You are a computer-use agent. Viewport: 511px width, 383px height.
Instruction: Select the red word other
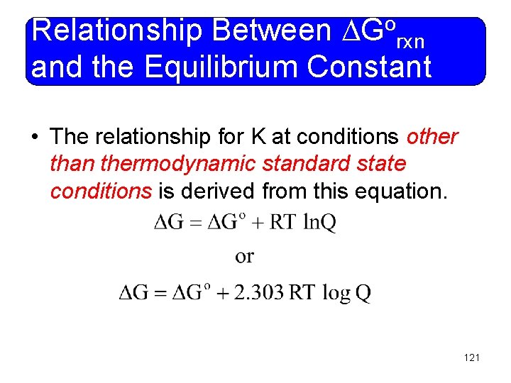(432, 136)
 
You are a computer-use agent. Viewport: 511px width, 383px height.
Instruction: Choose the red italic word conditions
(101, 191)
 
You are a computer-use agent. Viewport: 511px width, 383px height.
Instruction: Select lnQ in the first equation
(319, 223)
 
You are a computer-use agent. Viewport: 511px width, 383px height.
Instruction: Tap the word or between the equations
(244, 256)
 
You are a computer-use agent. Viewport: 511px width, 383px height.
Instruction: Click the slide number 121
(471, 357)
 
